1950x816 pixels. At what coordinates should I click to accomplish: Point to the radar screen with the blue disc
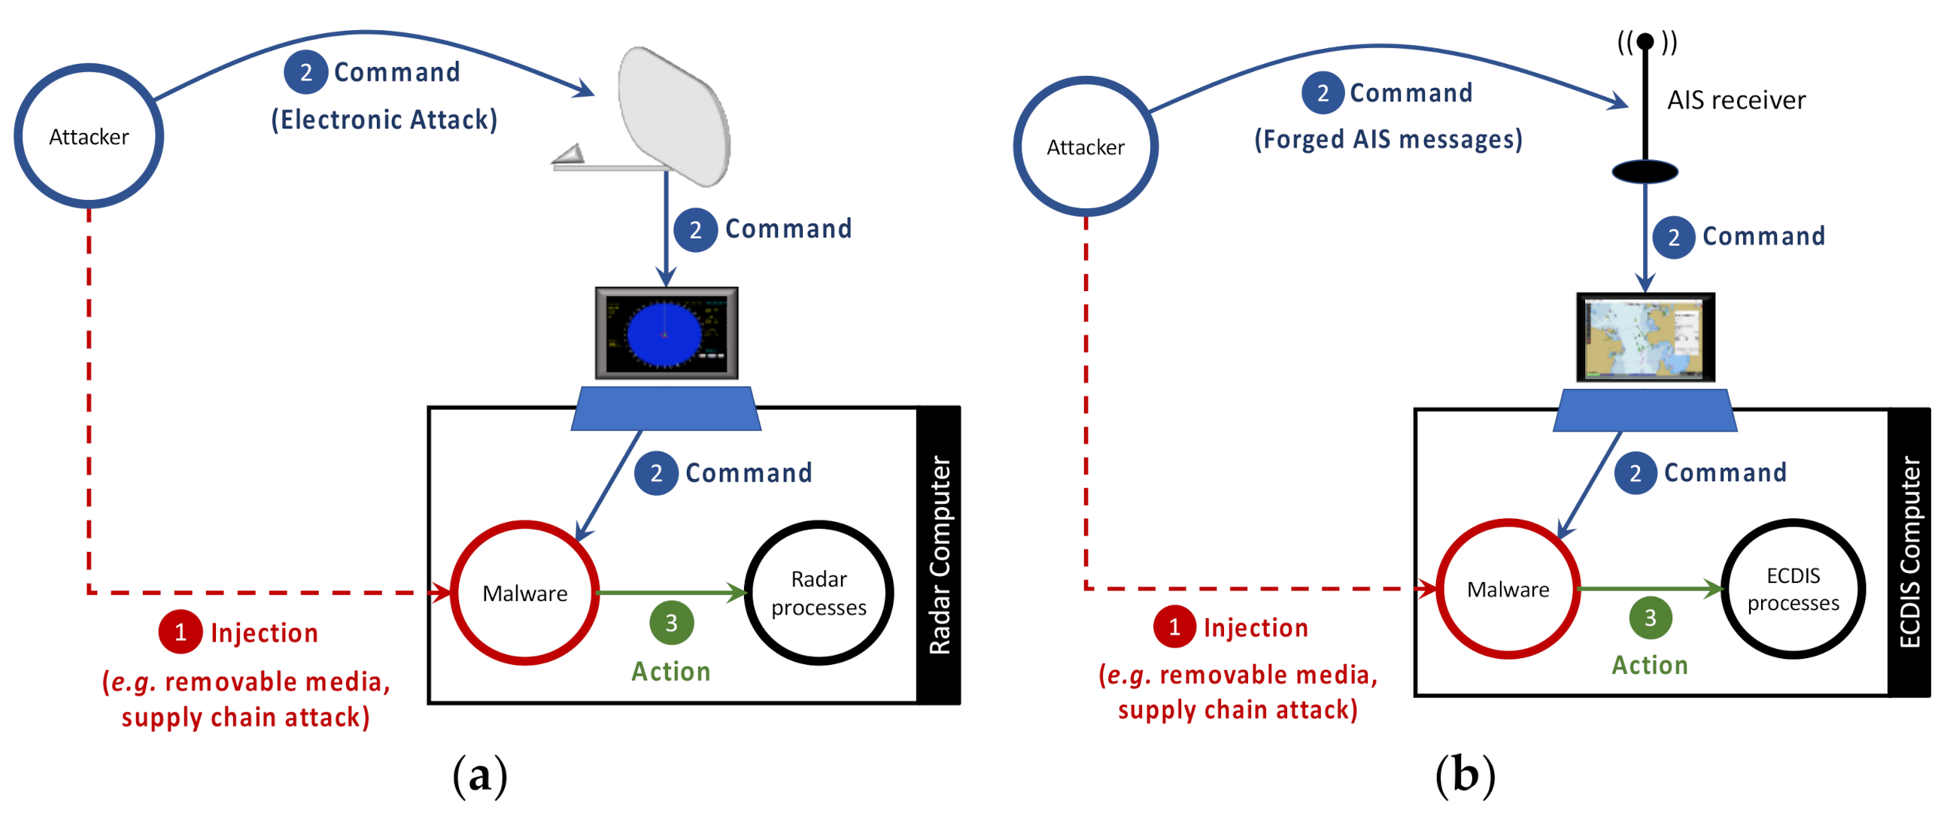click(x=666, y=333)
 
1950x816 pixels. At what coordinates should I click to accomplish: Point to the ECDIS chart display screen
click(x=1645, y=338)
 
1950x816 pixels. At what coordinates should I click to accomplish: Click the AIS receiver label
click(x=1736, y=100)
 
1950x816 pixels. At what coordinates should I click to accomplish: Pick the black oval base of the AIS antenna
click(x=1644, y=171)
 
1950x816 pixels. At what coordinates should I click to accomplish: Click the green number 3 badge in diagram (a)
click(x=672, y=622)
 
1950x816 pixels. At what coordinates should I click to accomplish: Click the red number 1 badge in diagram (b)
click(x=1174, y=626)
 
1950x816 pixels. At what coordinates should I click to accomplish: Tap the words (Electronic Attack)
click(x=384, y=120)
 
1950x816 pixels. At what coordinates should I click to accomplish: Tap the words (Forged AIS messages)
click(x=1388, y=139)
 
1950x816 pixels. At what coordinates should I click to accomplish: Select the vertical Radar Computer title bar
click(x=939, y=555)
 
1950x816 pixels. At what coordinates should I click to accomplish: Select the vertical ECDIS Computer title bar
click(x=1909, y=552)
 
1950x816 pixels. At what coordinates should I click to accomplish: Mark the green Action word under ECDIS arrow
click(x=1650, y=665)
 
